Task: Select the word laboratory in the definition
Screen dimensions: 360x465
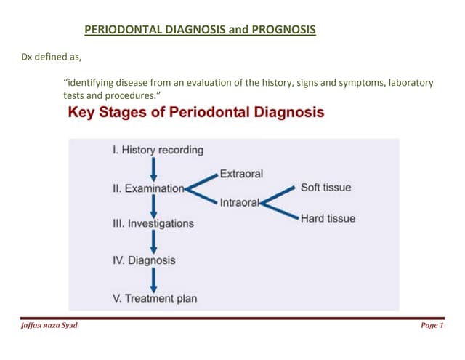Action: pyautogui.click(x=408, y=83)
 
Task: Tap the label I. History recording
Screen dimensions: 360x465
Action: pyautogui.click(x=158, y=151)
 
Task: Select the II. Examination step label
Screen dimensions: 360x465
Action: pyautogui.click(x=147, y=188)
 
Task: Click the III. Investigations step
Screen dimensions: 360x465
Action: pyautogui.click(x=153, y=224)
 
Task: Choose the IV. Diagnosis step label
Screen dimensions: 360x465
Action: pyautogui.click(x=143, y=260)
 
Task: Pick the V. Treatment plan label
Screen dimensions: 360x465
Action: pyautogui.click(x=155, y=298)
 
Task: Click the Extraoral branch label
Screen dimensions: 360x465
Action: pyautogui.click(x=241, y=175)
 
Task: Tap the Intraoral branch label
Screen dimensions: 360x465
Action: pyautogui.click(x=240, y=203)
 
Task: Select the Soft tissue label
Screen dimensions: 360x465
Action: pyautogui.click(x=325, y=188)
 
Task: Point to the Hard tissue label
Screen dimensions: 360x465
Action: pyautogui.click(x=328, y=218)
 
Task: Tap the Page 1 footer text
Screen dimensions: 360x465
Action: pyautogui.click(x=432, y=326)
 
